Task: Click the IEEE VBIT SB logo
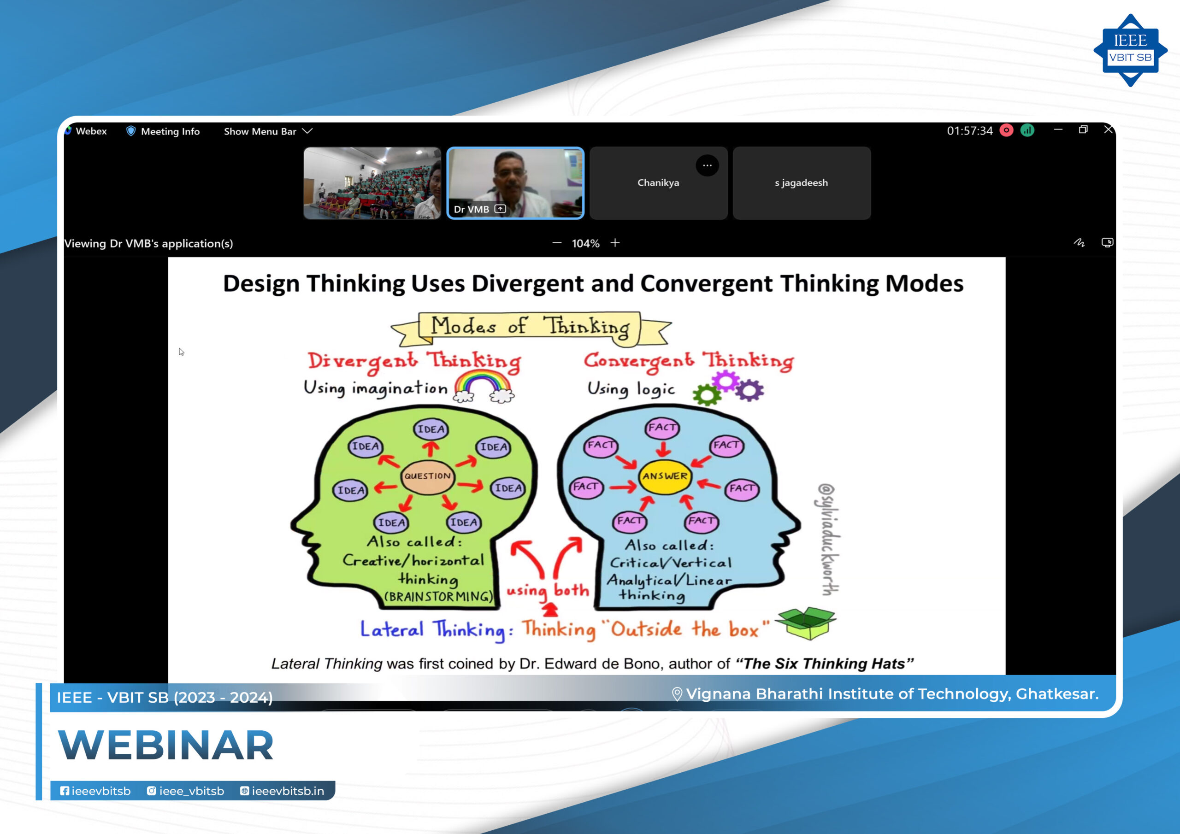(x=1130, y=50)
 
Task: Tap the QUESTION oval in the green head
(x=427, y=476)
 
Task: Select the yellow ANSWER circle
(x=665, y=476)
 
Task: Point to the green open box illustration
(x=805, y=623)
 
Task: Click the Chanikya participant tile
(x=658, y=183)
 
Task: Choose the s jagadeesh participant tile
(x=802, y=183)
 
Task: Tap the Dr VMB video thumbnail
(x=515, y=183)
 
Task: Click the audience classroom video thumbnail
(x=372, y=183)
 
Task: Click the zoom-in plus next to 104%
(x=615, y=242)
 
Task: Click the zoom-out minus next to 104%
(x=557, y=242)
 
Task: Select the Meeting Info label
(x=170, y=131)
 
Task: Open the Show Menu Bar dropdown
(x=268, y=131)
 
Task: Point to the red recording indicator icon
(x=1006, y=130)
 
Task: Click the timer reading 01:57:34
(x=970, y=131)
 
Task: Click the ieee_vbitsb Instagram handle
(x=191, y=791)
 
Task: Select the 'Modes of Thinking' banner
(x=531, y=329)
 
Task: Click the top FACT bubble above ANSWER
(x=662, y=428)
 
